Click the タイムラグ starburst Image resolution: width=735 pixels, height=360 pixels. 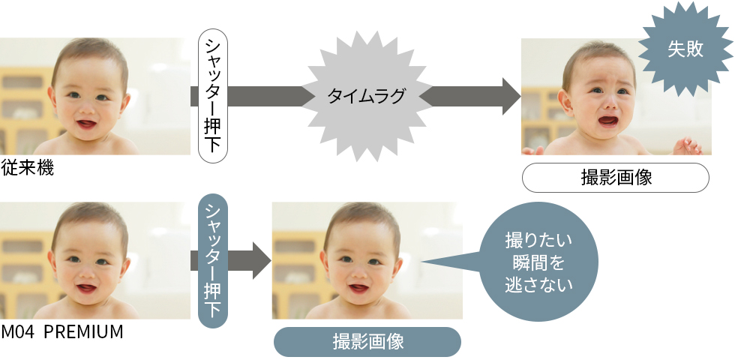[x=366, y=96]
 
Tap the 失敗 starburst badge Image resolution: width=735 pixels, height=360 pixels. [x=684, y=49]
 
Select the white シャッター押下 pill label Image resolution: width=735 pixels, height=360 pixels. [x=213, y=96]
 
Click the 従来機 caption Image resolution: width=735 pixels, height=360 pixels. [x=28, y=168]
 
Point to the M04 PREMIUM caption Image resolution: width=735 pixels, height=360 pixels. [x=62, y=331]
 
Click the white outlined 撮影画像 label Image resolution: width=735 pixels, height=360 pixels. [x=615, y=178]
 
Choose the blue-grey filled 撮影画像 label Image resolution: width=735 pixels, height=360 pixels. [x=367, y=342]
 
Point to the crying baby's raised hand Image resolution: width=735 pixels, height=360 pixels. [x=686, y=144]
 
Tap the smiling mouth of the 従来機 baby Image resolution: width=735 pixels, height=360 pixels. [x=86, y=122]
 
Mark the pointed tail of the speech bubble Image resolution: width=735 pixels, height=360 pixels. [x=431, y=262]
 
